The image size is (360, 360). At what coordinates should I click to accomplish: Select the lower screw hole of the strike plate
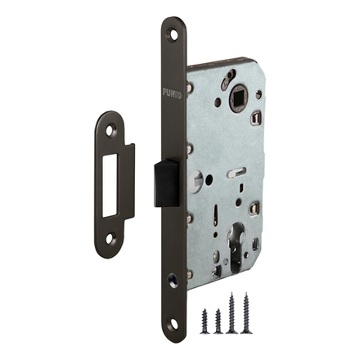pos(110,238)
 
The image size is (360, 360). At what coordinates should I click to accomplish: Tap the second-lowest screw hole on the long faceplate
pos(173,279)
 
